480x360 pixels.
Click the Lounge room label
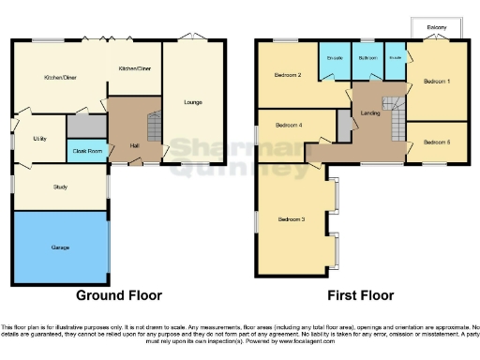click(x=193, y=101)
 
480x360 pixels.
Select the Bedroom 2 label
click(x=287, y=75)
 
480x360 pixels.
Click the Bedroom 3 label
click(x=291, y=219)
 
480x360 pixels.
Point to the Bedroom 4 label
click(x=289, y=124)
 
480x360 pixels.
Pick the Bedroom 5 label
click(x=436, y=142)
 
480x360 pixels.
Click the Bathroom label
click(x=367, y=58)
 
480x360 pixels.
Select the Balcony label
click(x=435, y=27)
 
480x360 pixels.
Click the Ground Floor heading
click(x=119, y=294)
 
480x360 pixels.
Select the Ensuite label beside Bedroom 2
click(x=333, y=58)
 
